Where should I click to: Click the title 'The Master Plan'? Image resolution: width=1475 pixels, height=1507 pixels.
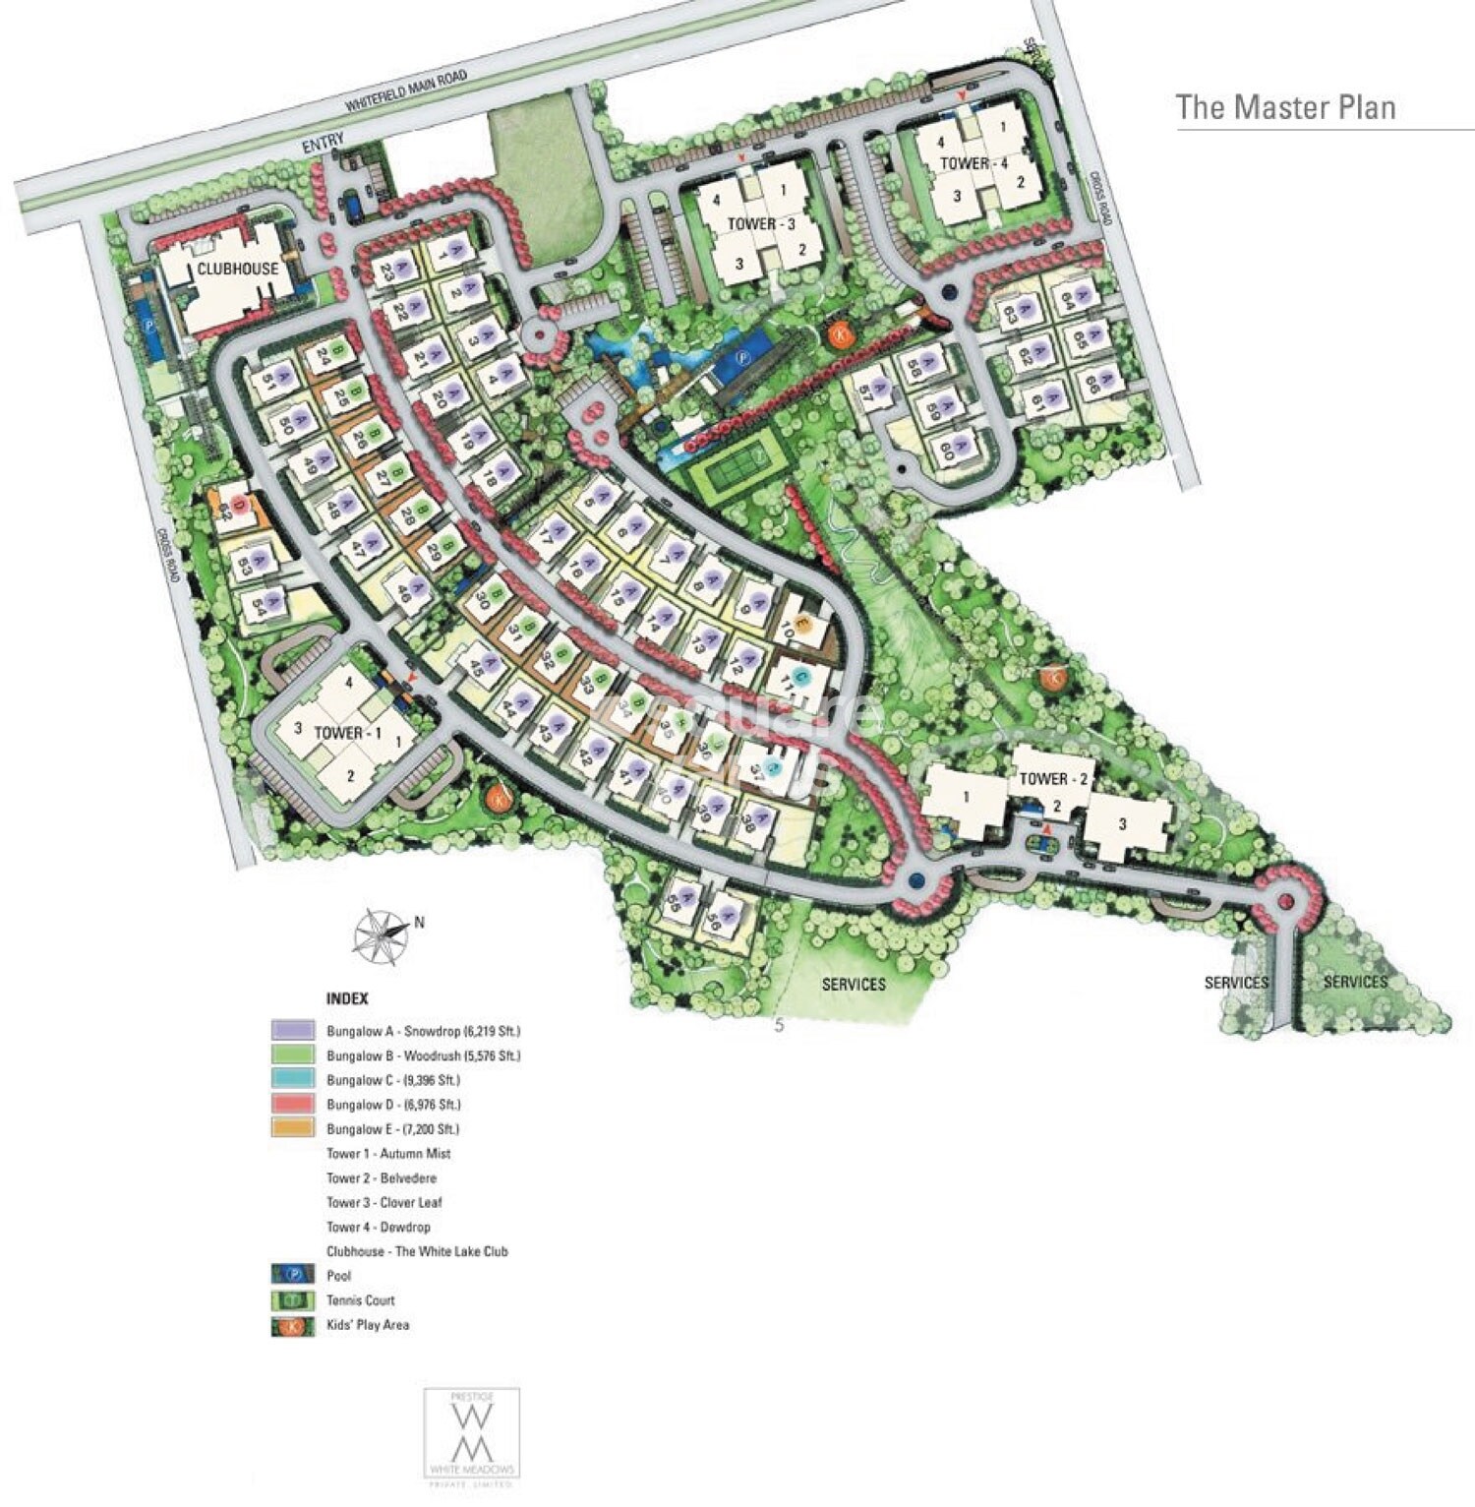pos(1285,106)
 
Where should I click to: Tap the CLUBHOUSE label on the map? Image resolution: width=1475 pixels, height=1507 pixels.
pos(237,269)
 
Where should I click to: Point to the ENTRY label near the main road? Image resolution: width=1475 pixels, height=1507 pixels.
pos(323,144)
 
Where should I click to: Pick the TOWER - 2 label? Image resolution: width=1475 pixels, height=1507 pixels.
pos(1054,778)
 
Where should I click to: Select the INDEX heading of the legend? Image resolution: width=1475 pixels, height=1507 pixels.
pos(347,998)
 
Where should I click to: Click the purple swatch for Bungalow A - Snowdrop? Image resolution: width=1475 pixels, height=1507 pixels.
pos(292,1031)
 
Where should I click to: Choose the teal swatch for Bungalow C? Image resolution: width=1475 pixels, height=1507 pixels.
pos(292,1080)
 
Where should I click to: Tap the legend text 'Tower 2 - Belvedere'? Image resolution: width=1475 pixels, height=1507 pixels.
pos(382,1177)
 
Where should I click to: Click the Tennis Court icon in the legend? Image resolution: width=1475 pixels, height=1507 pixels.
pos(292,1300)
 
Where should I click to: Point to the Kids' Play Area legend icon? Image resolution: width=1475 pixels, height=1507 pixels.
pos(292,1325)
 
